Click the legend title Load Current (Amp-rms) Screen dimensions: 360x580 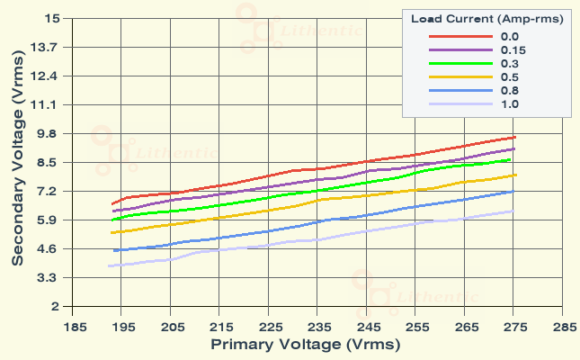[486, 18]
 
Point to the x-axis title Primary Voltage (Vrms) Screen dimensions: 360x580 [305, 344]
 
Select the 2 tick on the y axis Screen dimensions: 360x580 [55, 306]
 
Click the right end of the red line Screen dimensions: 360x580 [515, 137]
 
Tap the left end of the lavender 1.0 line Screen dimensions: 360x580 [108, 265]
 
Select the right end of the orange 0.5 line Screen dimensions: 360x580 [515, 175]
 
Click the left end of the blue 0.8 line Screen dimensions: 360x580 [113, 250]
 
